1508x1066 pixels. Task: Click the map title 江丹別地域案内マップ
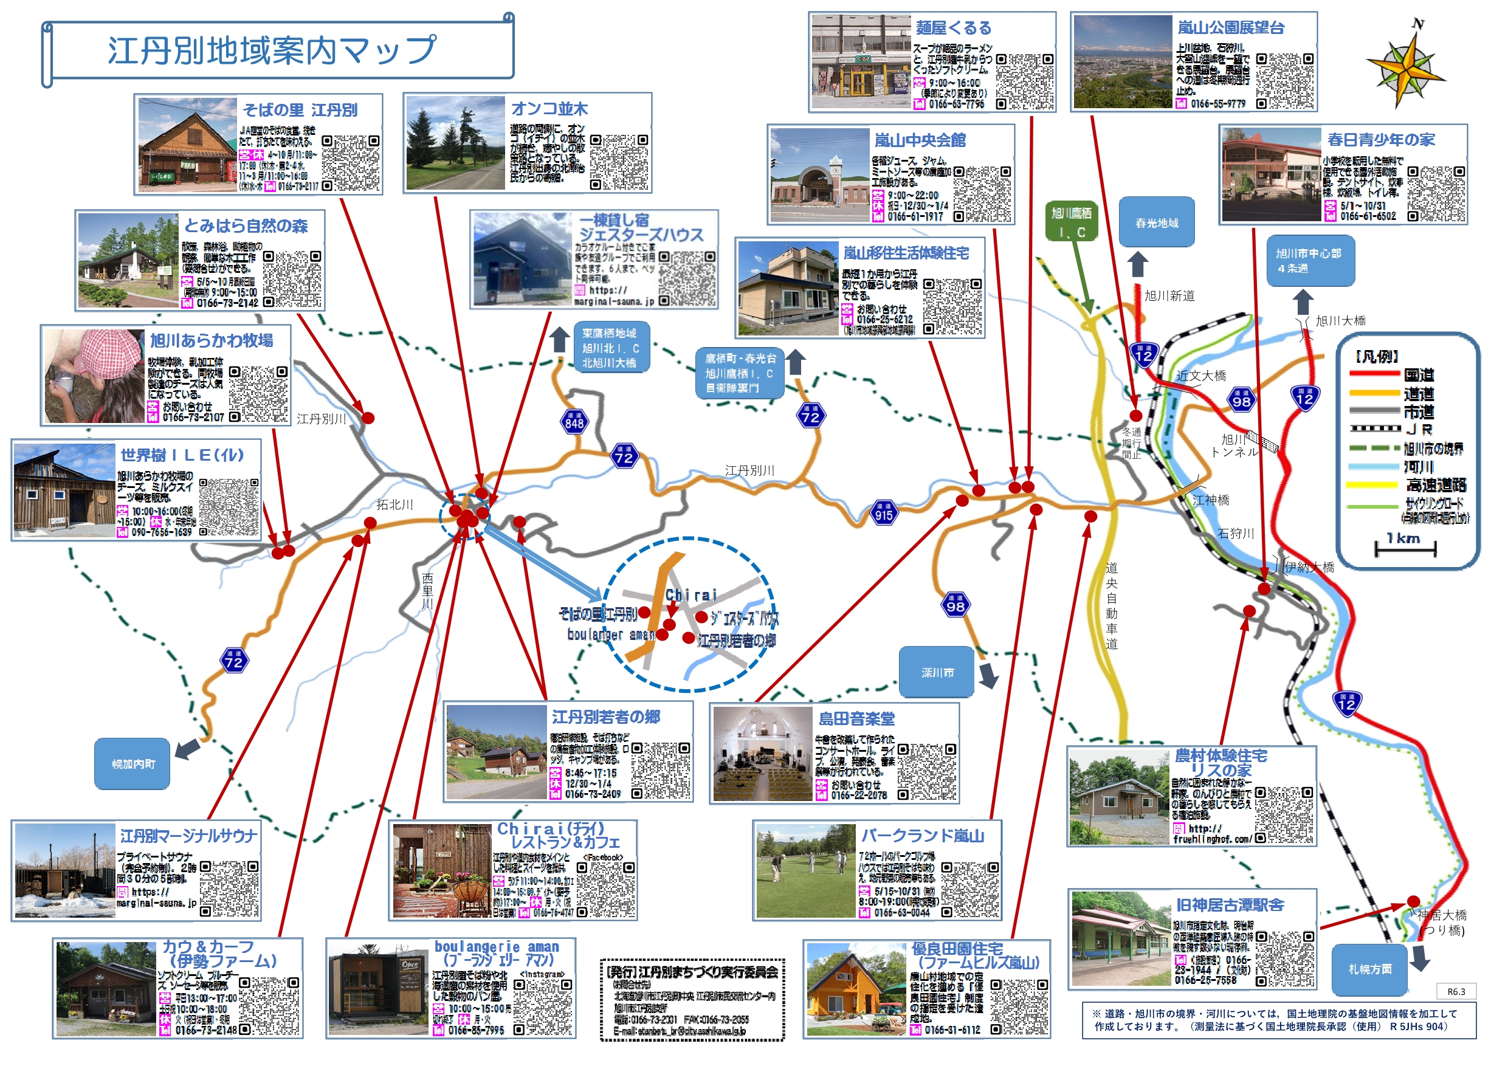click(x=272, y=50)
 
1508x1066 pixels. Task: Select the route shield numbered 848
click(x=574, y=422)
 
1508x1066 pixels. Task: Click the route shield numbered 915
click(x=883, y=514)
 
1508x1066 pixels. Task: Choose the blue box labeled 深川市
click(x=937, y=673)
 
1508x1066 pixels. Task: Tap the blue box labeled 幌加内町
click(x=132, y=764)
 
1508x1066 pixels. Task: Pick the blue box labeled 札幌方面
click(x=1369, y=969)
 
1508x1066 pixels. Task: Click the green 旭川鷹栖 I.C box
click(x=1071, y=221)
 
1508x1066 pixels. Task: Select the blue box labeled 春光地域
click(x=1156, y=222)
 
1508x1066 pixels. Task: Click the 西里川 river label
click(x=427, y=590)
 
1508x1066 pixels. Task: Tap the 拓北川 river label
click(x=394, y=504)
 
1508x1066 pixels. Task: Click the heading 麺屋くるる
click(x=954, y=27)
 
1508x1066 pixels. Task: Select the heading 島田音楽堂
click(x=856, y=718)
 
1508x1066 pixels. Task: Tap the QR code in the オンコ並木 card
click(x=618, y=162)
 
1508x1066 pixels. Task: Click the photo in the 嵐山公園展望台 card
click(x=1123, y=62)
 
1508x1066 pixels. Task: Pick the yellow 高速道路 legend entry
click(x=1405, y=486)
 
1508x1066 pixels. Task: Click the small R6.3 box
click(x=1456, y=992)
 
